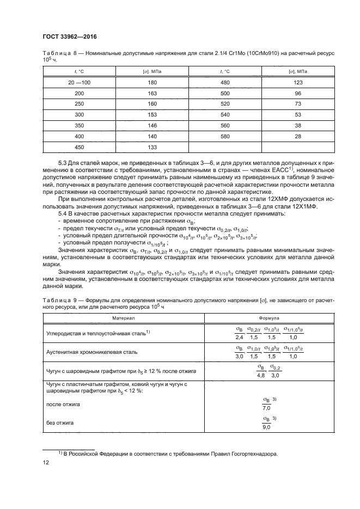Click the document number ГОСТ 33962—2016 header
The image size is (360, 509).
[x=67, y=37]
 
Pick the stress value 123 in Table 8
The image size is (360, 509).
[x=298, y=82]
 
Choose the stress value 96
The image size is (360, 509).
[x=298, y=93]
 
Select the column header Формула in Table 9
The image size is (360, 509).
[x=266, y=317]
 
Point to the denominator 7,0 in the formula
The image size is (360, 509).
[x=266, y=408]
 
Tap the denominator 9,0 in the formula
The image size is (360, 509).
[x=266, y=427]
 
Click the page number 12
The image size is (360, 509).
[x=46, y=462]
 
